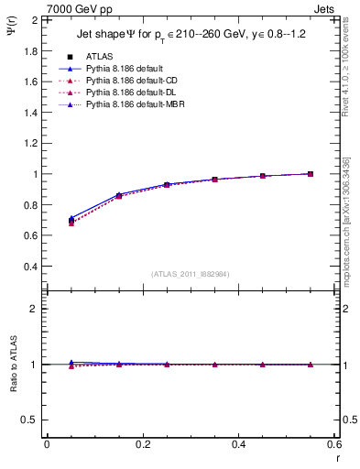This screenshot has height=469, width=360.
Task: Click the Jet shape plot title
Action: pos(192,36)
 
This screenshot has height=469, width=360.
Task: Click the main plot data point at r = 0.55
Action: pos(311,174)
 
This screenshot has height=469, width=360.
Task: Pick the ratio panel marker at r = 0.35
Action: pos(215,365)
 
